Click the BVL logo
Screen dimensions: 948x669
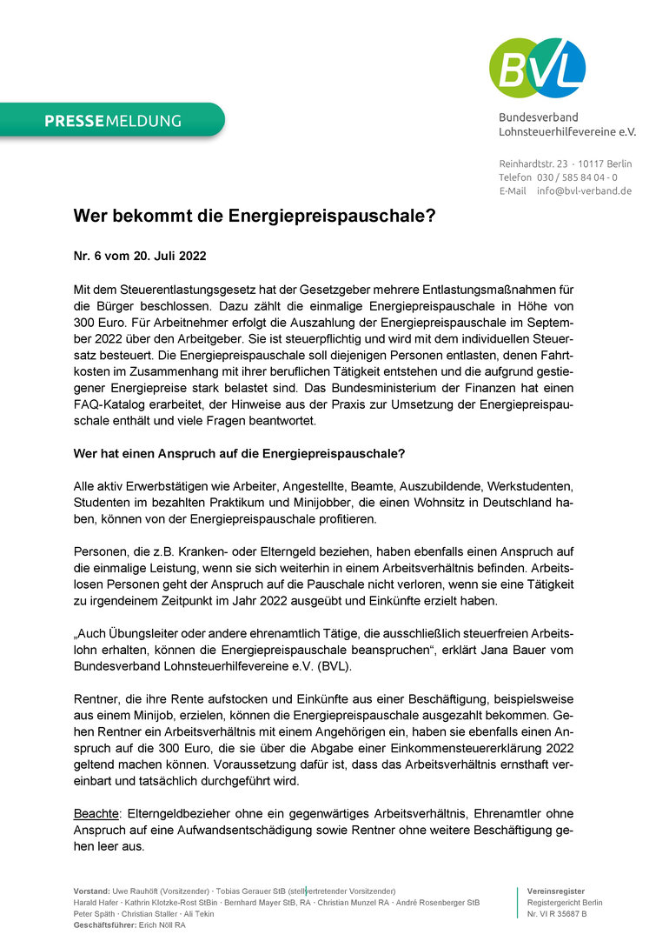537,67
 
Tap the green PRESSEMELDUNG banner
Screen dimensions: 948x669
113,121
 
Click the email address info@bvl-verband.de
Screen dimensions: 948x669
584,190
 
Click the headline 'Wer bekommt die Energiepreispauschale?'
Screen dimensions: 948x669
254,216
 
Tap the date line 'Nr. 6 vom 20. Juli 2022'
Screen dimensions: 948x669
140,257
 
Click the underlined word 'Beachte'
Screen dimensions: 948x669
96,814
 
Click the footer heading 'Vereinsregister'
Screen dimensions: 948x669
555,891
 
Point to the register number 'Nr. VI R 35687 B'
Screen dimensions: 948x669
557,914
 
